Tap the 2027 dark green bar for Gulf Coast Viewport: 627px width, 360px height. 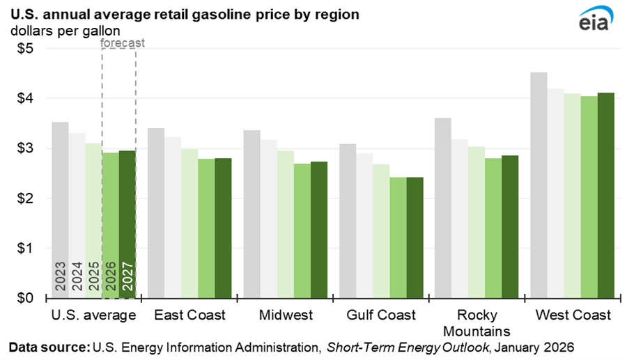[415, 237]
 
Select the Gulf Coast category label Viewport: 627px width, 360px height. [380, 315]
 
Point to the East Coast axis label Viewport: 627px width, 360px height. [189, 315]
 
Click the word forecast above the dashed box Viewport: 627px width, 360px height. [123, 42]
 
